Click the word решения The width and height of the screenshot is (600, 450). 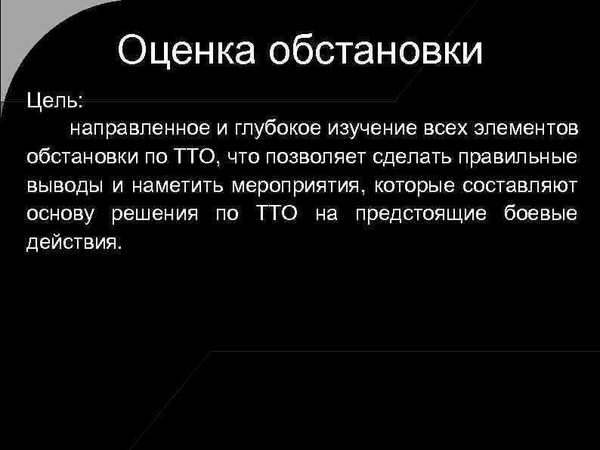(156, 215)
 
